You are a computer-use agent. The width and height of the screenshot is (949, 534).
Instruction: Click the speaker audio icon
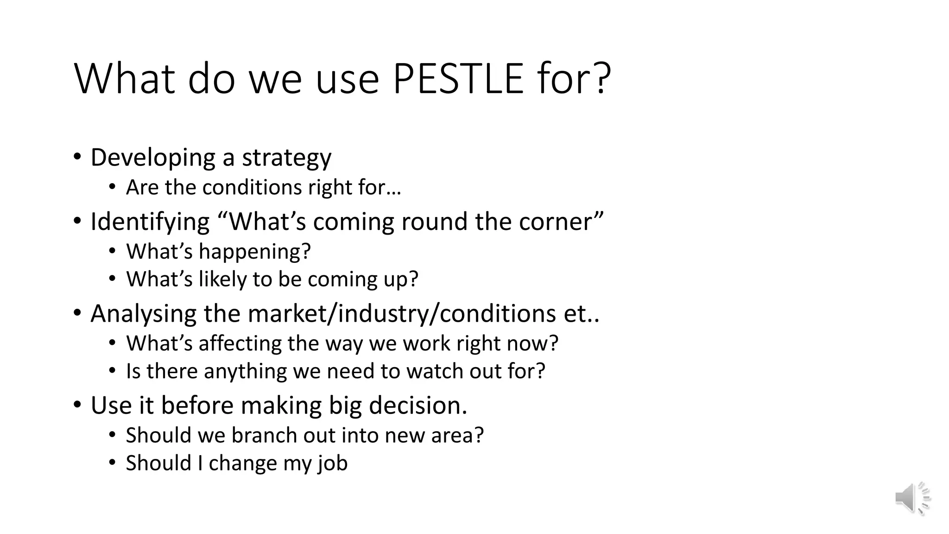(912, 498)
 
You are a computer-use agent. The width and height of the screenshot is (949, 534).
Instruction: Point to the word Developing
(152, 158)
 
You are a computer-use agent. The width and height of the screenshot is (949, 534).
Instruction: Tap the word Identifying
(150, 222)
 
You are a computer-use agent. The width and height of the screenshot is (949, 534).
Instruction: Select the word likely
(222, 280)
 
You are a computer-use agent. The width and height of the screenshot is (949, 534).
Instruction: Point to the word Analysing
(143, 314)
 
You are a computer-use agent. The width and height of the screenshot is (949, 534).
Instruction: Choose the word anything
(245, 371)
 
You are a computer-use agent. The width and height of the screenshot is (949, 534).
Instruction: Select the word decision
(418, 406)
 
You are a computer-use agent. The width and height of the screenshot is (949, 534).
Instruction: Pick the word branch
(264, 436)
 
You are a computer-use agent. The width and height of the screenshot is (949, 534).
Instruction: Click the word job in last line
(332, 464)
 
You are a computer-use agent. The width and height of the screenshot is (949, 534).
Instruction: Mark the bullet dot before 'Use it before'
(77, 405)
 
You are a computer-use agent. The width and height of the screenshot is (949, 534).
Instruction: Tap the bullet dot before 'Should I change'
(112, 462)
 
